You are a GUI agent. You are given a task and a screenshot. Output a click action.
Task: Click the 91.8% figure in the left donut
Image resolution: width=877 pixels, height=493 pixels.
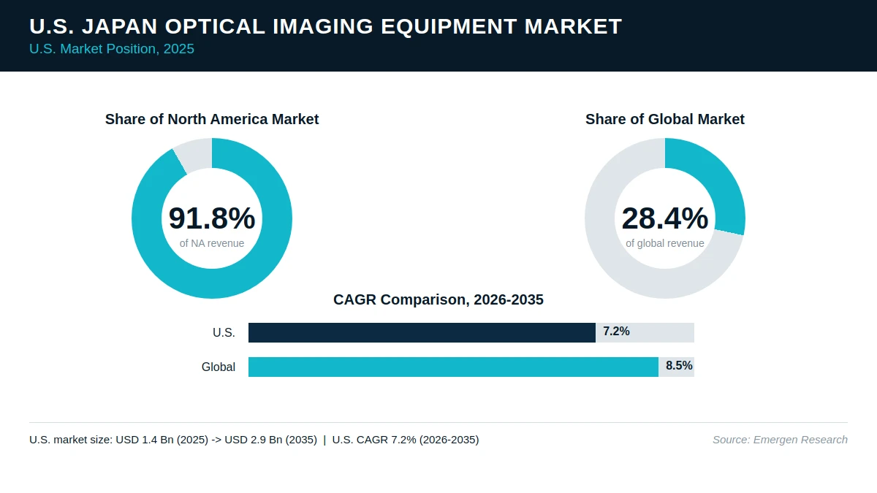pos(212,218)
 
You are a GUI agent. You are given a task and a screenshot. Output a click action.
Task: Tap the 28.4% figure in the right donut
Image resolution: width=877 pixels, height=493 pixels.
pos(665,218)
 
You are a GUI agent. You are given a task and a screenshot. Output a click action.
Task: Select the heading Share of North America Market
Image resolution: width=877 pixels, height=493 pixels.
pos(212,119)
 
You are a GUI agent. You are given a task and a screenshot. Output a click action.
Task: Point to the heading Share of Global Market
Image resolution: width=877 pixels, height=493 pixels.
pos(665,119)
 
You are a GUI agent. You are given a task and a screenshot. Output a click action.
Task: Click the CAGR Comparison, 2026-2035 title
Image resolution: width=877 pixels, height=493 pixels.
pos(438,299)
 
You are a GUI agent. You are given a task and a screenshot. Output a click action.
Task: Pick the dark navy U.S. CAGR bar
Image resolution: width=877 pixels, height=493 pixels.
pos(422,332)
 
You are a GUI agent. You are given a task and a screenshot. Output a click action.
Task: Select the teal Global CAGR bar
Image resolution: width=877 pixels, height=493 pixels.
pos(453,367)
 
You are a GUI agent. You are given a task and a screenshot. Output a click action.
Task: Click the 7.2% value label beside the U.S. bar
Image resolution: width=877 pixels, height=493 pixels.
pos(616,332)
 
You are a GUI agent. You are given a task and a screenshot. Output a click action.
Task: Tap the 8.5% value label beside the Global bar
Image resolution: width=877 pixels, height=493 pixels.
pos(679,366)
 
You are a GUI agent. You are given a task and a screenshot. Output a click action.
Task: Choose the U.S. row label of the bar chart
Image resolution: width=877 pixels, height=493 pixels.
pos(224,332)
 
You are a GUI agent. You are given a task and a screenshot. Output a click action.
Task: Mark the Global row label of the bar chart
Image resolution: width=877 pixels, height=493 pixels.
pos(219,367)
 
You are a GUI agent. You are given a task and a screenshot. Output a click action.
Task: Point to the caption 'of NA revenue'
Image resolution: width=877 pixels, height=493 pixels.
pos(212,243)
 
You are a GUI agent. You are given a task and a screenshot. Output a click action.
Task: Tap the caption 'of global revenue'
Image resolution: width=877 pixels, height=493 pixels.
pos(665,243)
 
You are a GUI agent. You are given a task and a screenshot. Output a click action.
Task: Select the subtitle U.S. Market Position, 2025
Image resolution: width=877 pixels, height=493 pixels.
pos(112,49)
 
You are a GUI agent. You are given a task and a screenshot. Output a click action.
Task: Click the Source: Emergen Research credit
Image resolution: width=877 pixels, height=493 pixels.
pos(780,440)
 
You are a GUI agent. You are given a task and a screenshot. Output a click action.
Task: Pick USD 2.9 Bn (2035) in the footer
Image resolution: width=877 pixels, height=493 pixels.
pos(270,440)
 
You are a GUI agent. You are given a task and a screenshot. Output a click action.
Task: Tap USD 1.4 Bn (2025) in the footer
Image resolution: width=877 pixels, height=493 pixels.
pos(162,440)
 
